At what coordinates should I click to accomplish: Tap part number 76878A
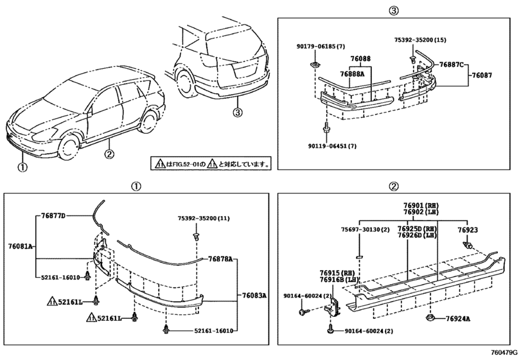pos(220,258)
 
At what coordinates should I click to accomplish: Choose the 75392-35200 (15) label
pos(419,40)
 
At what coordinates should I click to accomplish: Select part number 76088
pos(360,59)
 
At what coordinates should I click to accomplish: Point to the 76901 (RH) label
pos(420,206)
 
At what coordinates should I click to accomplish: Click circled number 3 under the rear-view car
pos(238,114)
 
